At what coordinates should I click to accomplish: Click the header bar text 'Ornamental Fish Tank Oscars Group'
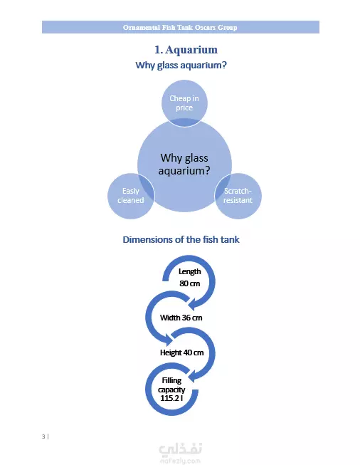tap(180, 27)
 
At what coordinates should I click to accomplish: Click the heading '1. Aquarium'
tap(186, 50)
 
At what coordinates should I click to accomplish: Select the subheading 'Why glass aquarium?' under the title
tap(181, 65)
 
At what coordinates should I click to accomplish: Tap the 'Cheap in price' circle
tap(184, 103)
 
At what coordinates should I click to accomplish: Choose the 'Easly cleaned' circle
tap(131, 196)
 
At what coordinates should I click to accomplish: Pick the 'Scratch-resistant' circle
tap(238, 196)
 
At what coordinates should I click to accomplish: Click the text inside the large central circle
tap(184, 164)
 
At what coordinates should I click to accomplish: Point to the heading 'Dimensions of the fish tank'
tap(181, 239)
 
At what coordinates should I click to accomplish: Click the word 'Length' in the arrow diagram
tap(190, 271)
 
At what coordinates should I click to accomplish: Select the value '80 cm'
tap(190, 283)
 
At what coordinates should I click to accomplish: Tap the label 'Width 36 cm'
tap(181, 318)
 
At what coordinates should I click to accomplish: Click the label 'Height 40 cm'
tap(181, 352)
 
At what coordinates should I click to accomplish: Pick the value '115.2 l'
tap(171, 398)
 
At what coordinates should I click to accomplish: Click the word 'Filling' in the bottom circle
tap(171, 380)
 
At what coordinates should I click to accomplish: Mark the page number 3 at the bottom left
tap(43, 437)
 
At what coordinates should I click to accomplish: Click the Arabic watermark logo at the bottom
tap(181, 449)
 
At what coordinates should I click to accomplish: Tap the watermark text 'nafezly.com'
tap(181, 461)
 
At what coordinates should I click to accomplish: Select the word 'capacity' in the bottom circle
tap(171, 390)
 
